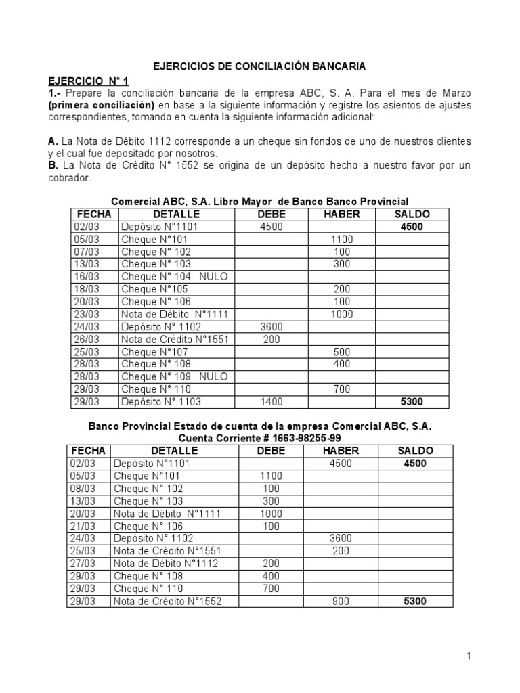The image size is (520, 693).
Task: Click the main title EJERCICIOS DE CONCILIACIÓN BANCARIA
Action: click(x=259, y=66)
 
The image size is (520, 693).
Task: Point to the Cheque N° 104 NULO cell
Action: click(x=174, y=276)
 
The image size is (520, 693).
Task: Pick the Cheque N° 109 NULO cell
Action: click(x=174, y=376)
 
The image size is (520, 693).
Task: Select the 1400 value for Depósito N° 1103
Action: click(x=271, y=402)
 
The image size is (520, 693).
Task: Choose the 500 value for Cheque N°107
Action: click(x=342, y=352)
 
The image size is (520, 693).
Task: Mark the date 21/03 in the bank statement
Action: click(x=82, y=527)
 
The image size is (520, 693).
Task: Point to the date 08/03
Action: click(x=82, y=489)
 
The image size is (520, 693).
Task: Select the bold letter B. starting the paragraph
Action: click(x=53, y=166)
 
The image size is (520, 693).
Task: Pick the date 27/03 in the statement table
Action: click(x=82, y=564)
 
